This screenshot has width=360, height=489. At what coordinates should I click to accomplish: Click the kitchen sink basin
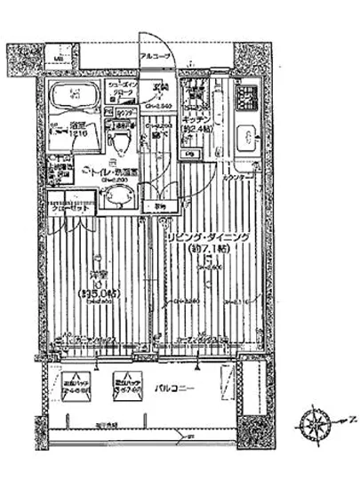coord(249,139)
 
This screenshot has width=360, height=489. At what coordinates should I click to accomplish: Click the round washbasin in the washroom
coord(115,197)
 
